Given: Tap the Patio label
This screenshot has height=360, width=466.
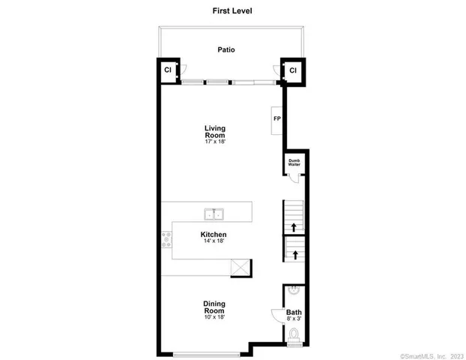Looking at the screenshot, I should click(x=226, y=50).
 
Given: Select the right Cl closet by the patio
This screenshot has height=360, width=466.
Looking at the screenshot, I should click(x=293, y=70).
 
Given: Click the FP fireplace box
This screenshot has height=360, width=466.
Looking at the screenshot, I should click(x=276, y=119).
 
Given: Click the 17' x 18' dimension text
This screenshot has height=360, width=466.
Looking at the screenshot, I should click(x=215, y=142).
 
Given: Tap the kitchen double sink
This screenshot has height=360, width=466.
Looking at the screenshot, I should click(x=214, y=215).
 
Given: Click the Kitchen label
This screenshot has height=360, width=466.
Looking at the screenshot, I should click(x=214, y=235).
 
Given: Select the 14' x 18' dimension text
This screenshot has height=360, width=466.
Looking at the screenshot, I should click(x=214, y=242).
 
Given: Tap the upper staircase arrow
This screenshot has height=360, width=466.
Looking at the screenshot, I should click(x=294, y=226).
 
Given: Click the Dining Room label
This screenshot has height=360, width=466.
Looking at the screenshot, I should click(x=214, y=307).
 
